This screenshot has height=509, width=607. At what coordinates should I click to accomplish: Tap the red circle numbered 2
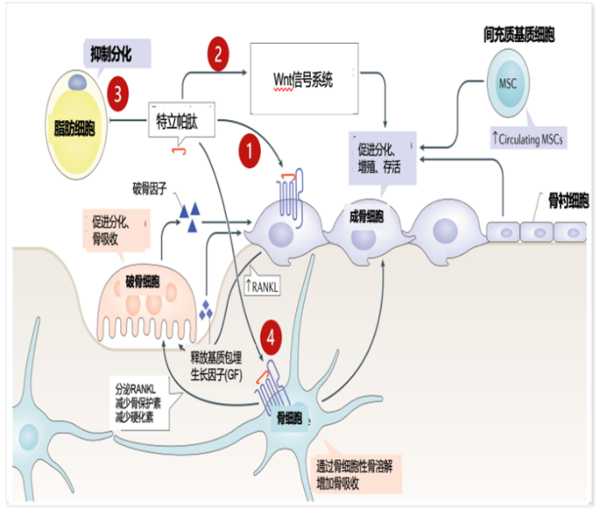(218, 55)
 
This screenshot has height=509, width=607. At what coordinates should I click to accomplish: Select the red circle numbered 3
(118, 92)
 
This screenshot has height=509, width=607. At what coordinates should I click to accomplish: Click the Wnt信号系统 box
(303, 81)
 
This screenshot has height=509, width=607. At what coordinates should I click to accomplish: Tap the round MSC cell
(507, 84)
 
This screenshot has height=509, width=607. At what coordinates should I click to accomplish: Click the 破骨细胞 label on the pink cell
(141, 280)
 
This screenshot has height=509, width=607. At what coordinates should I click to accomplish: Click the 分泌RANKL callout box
(141, 400)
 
